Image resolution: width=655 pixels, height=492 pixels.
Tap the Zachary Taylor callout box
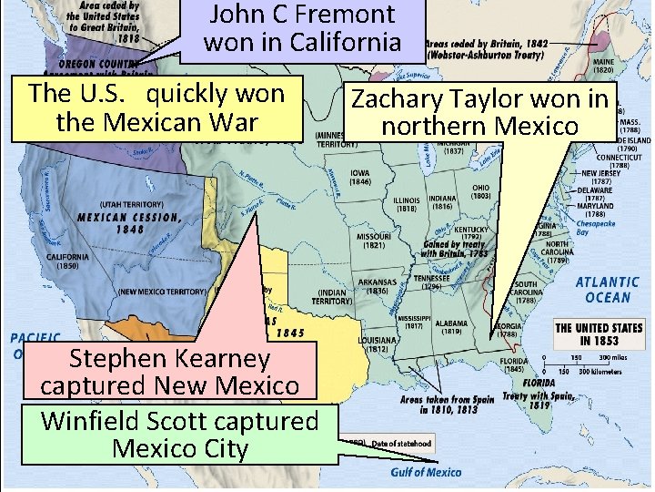479,112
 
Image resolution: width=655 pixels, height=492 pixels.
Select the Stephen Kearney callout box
169,371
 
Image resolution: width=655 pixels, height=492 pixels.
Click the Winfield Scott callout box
179,435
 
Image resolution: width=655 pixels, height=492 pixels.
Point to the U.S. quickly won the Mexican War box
156,108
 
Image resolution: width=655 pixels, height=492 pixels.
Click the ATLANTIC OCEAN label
607,290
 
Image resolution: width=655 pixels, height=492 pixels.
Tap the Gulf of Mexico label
426,472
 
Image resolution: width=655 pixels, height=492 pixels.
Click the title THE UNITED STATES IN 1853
598,334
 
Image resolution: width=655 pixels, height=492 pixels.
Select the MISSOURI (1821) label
374,240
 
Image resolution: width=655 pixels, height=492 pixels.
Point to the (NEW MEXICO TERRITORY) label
162,292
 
